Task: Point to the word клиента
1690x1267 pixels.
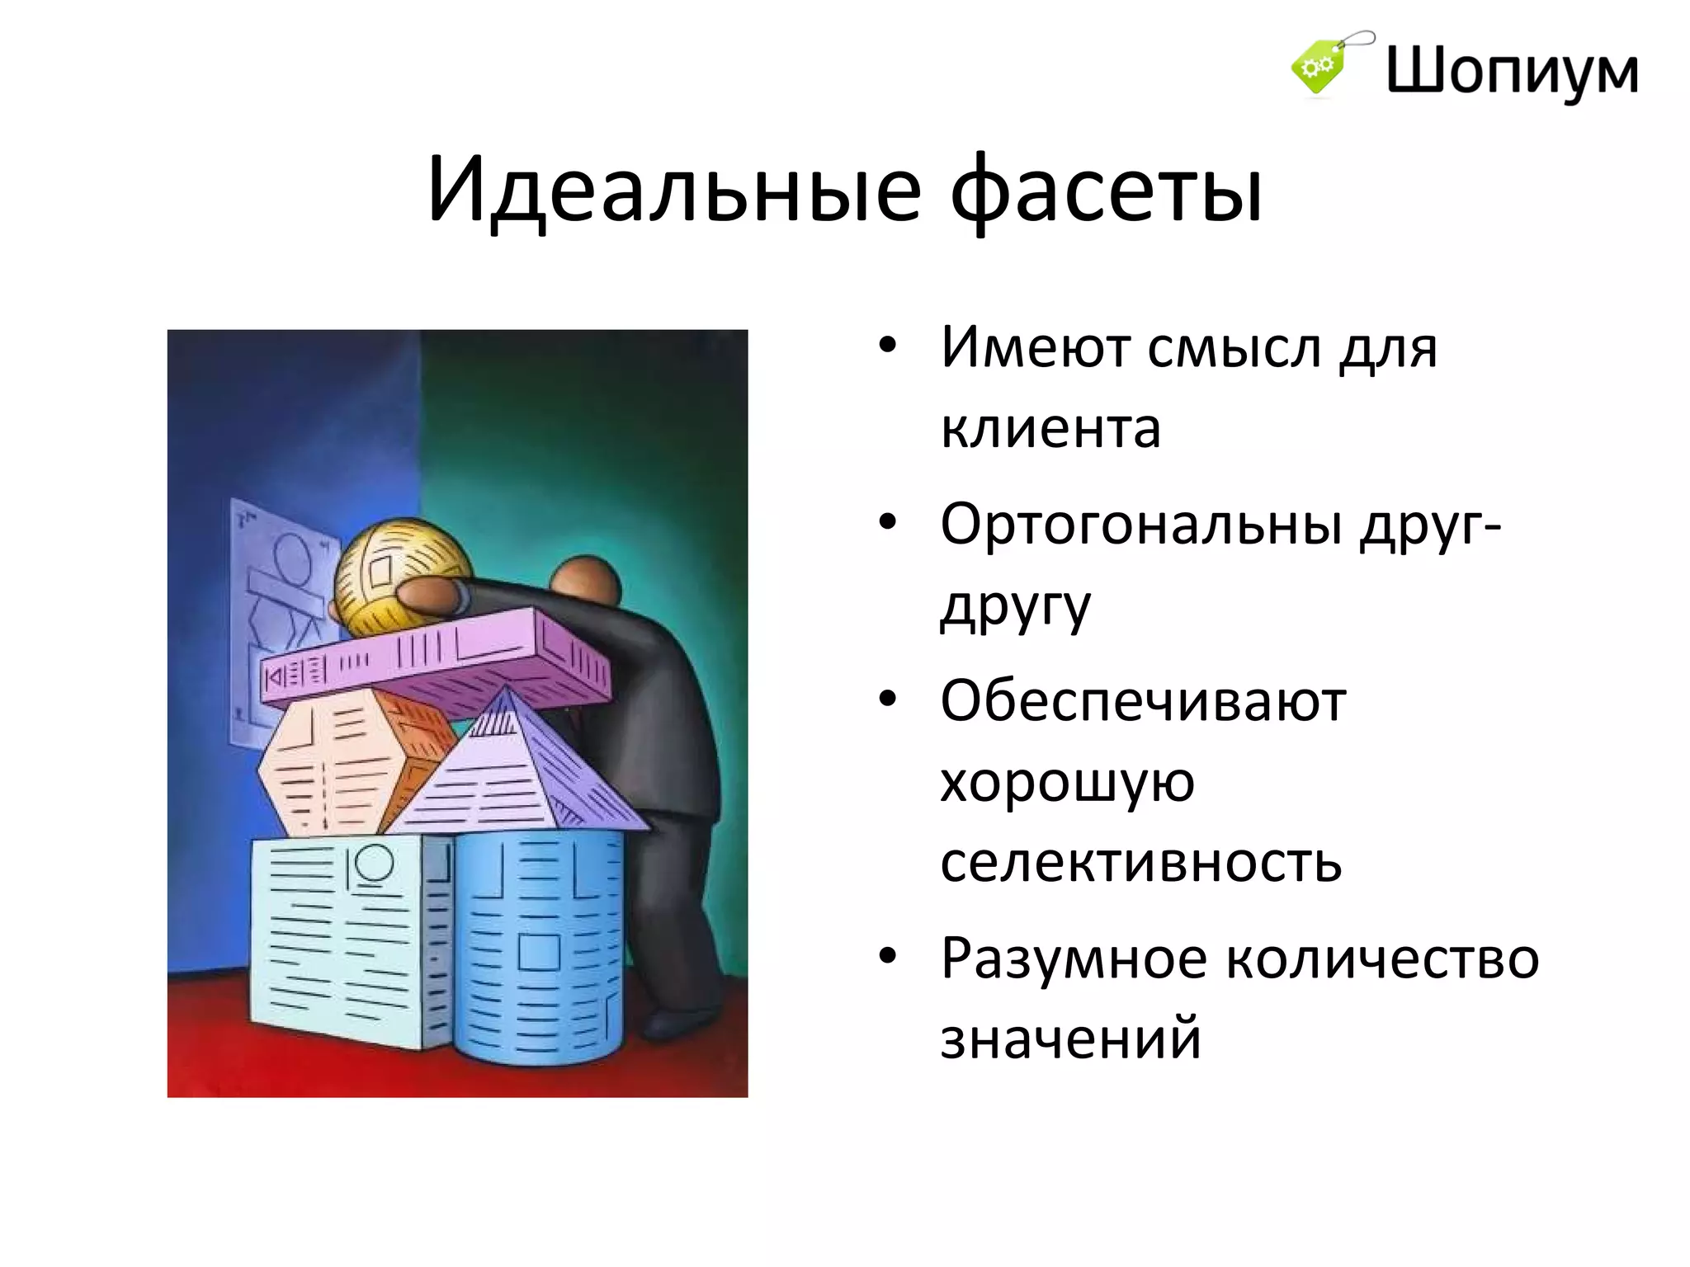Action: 1050,429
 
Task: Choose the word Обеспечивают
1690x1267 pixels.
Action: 1143,702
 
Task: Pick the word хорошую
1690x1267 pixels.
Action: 1067,782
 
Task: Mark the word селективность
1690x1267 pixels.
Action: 1141,862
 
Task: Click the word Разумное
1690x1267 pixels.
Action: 1074,958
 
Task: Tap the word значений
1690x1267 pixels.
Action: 1070,1039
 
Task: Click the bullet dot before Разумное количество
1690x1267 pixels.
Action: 887,957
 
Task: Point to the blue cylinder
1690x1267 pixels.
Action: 536,949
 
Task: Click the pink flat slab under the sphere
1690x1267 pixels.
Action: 437,660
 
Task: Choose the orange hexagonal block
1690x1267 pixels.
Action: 347,767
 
